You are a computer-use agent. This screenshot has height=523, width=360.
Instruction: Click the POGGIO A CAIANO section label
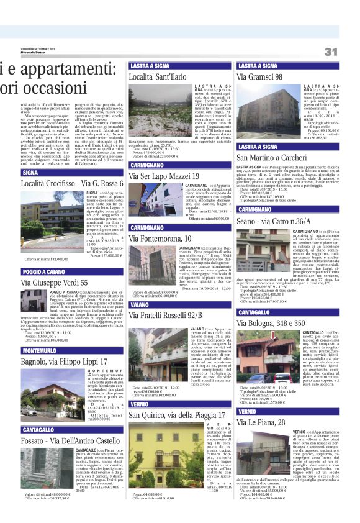(x=45, y=271)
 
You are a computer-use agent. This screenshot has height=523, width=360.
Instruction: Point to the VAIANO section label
(x=140, y=305)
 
